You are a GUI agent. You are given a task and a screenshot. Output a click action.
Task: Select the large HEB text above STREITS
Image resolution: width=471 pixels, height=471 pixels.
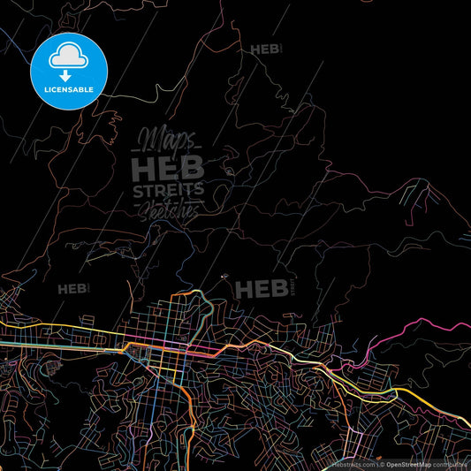coord(168,167)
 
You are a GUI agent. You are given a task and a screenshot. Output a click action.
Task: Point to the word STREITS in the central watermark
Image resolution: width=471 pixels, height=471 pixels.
coord(168,191)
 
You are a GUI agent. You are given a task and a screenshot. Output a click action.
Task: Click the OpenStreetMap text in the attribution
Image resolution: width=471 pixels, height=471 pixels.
coord(408,463)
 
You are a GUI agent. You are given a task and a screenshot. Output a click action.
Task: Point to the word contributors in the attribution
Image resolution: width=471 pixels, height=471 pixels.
coord(451,463)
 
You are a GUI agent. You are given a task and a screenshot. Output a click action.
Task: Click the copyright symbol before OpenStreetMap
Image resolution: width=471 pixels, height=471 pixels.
coord(382,463)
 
